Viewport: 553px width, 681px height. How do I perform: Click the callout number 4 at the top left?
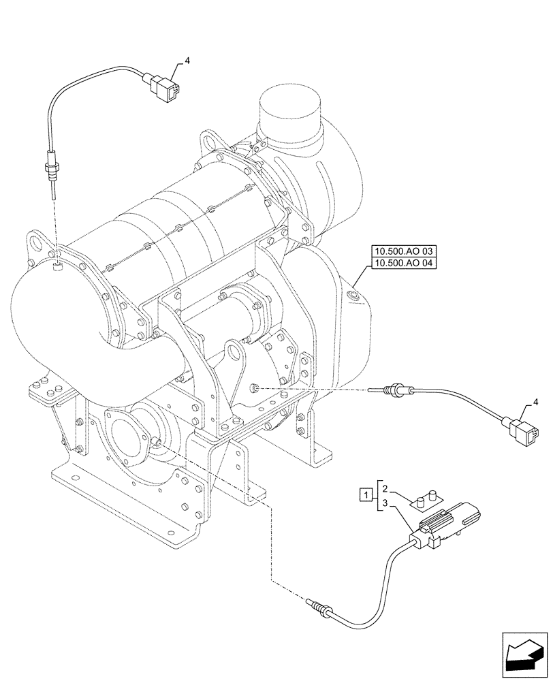pyautogui.click(x=187, y=61)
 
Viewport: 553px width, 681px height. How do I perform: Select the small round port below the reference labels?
pyautogui.click(x=353, y=295)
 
